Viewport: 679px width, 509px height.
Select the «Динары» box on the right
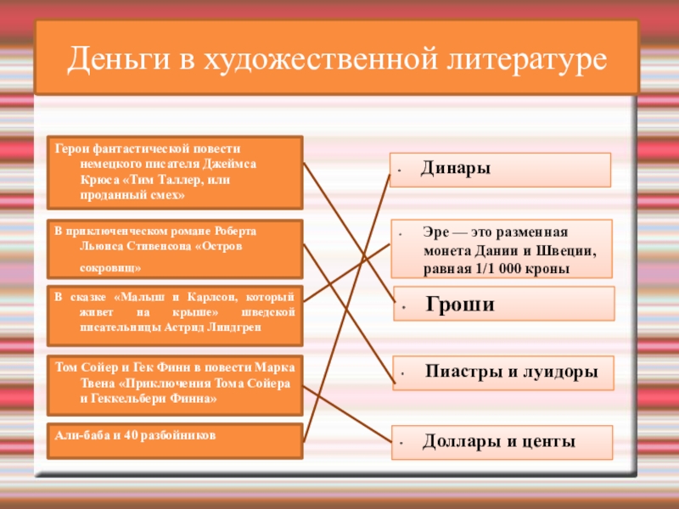coord(500,170)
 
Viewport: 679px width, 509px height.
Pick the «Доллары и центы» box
coord(501,442)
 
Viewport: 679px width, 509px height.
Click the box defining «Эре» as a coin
coord(501,249)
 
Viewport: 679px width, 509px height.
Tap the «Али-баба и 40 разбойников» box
coord(175,440)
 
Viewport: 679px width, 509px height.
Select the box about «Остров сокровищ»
coord(175,249)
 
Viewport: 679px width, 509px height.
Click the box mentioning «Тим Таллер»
coord(175,171)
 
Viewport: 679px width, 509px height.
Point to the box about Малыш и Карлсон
coord(175,312)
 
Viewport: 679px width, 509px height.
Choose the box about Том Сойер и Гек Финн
coord(175,382)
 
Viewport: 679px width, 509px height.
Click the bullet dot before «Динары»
coord(397,171)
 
